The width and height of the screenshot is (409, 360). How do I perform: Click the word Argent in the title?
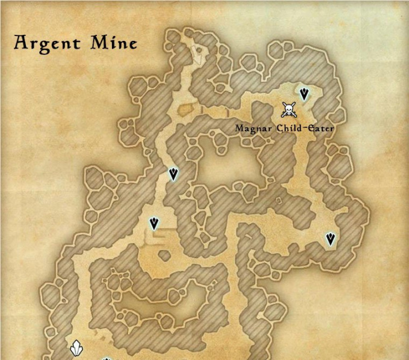(48, 43)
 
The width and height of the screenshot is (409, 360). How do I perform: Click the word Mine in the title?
(114, 43)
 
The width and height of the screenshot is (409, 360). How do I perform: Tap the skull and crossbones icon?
(289, 110)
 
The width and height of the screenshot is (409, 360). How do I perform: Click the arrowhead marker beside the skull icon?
(304, 94)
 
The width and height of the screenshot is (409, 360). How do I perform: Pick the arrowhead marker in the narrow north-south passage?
(173, 174)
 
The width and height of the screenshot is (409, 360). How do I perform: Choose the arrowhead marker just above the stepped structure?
(154, 224)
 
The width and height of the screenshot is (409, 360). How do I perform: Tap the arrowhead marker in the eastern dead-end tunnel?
(330, 239)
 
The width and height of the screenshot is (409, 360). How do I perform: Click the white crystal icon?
(76, 348)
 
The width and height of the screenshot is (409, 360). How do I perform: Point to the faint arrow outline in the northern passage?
(197, 54)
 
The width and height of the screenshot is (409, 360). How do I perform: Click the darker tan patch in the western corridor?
(185, 109)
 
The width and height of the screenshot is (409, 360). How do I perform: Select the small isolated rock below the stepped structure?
(164, 255)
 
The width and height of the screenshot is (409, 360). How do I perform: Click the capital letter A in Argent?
(22, 43)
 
